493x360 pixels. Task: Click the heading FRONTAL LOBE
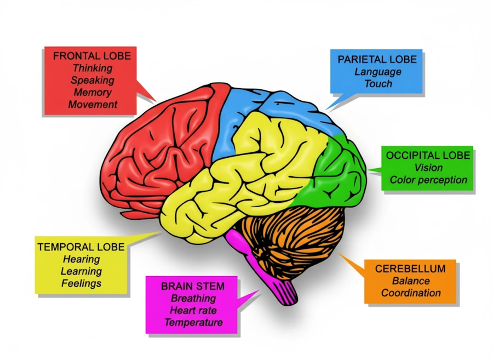pyautogui.click(x=92, y=56)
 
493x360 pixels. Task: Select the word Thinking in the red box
pyautogui.click(x=92, y=68)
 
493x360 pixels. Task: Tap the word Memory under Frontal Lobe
pyautogui.click(x=92, y=93)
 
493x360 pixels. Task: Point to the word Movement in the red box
pyautogui.click(x=92, y=104)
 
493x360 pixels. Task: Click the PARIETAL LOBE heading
pyautogui.click(x=377, y=59)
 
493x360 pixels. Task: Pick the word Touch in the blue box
pyautogui.click(x=378, y=84)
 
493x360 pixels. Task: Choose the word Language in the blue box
pyautogui.click(x=377, y=72)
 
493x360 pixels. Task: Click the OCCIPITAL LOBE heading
pyautogui.click(x=428, y=156)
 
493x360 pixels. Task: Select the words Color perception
pyautogui.click(x=428, y=180)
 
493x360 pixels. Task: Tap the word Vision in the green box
pyautogui.click(x=428, y=168)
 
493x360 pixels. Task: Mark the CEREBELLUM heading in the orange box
pyautogui.click(x=410, y=269)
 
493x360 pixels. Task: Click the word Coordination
pyautogui.click(x=411, y=293)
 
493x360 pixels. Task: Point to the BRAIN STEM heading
pyautogui.click(x=193, y=287)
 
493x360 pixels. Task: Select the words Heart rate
pyautogui.click(x=193, y=311)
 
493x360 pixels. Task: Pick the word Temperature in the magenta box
pyautogui.click(x=193, y=323)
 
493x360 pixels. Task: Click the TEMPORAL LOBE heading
pyautogui.click(x=81, y=247)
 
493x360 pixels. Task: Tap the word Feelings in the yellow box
pyautogui.click(x=81, y=283)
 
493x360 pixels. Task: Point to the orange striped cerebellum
pyautogui.click(x=296, y=236)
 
